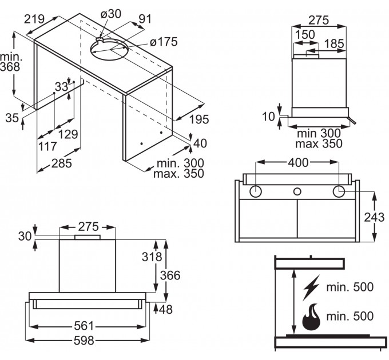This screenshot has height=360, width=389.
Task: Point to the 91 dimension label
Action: pyautogui.click(x=145, y=18)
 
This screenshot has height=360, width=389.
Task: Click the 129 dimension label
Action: pyautogui.click(x=68, y=134)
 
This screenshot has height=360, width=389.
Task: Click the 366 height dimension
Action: pyautogui.click(x=170, y=276)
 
